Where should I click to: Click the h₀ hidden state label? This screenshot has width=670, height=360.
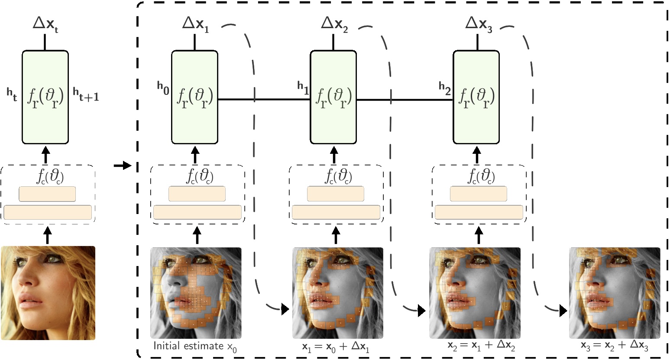point(163,88)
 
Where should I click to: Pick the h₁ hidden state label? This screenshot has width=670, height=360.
point(303,88)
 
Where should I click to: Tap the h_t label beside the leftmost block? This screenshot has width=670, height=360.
point(12,95)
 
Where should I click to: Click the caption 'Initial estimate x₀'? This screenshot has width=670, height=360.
point(195,347)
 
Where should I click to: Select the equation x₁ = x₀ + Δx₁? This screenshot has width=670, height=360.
point(336,347)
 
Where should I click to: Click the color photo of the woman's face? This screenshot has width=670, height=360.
point(48,293)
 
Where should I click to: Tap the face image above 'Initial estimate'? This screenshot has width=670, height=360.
point(196,292)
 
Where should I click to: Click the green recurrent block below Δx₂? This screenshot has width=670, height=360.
point(333,97)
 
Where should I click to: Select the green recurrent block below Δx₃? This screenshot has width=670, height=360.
point(476,97)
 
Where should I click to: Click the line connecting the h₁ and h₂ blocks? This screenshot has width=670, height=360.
point(405,100)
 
